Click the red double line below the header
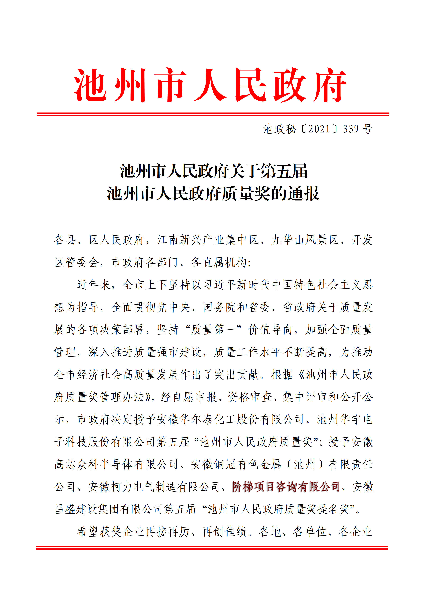coord(213,114)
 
